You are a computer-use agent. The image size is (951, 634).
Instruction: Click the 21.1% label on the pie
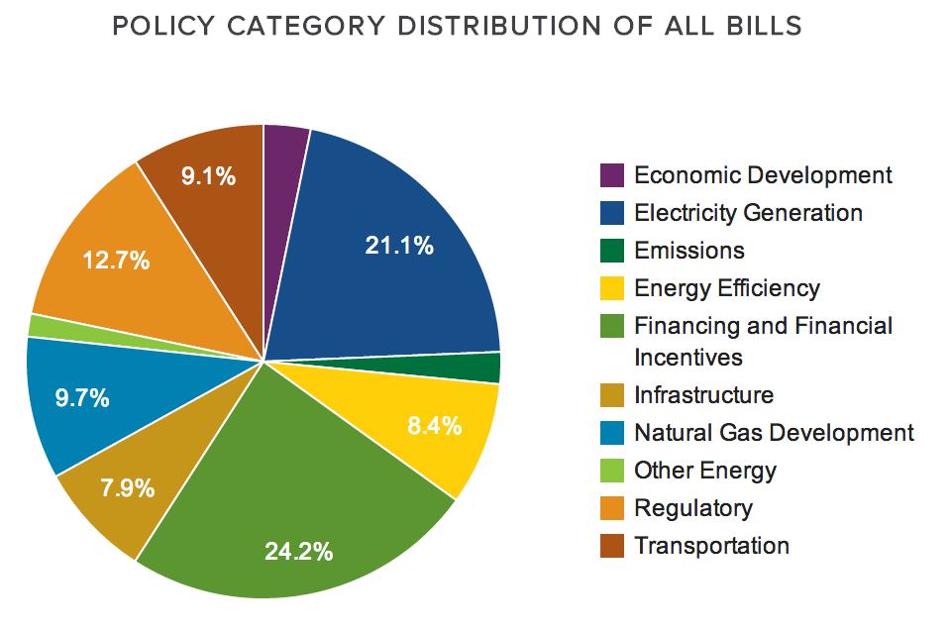coord(399,246)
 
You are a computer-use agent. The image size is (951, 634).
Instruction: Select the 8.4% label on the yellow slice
coord(435,426)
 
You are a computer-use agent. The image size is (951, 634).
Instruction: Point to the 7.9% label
coord(127,487)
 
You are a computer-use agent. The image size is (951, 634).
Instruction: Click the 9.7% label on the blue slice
coord(82,399)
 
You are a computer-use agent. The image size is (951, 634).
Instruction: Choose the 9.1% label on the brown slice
coord(208,176)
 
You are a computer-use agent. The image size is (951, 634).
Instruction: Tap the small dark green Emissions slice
coord(485,368)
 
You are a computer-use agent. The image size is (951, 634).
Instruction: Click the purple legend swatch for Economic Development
coord(612,175)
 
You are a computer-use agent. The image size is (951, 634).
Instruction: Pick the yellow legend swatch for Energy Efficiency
coord(612,288)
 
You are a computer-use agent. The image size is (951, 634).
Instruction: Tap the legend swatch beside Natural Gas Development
coord(612,433)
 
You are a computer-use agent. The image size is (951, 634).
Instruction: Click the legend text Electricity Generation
coord(748,213)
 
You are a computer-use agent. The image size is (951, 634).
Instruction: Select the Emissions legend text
coord(689,251)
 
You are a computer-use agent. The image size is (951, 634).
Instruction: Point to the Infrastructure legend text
coord(703,395)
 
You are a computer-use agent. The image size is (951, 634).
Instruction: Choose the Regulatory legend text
coord(693,508)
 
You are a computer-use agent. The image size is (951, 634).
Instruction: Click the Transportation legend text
coord(711,546)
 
